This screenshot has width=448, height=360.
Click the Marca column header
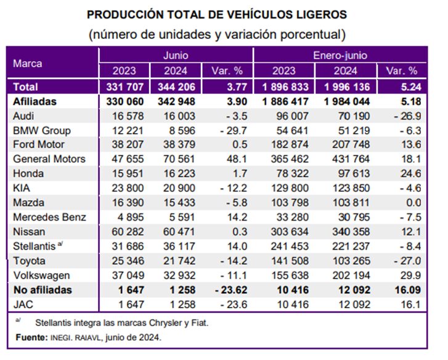point(28,63)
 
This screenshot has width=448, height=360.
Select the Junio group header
point(176,55)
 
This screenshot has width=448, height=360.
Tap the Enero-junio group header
point(340,55)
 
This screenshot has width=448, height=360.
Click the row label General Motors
point(49,159)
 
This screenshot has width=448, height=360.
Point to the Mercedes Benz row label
point(49,217)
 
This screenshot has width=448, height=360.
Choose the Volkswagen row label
point(41,276)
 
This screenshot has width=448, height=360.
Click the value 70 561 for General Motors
point(179,159)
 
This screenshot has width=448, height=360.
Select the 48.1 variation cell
point(236,159)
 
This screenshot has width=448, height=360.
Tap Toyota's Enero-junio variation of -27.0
point(407,261)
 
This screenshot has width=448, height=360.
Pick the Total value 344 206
point(177,87)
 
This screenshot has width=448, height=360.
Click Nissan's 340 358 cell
point(351,232)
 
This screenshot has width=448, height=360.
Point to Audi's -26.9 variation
point(407,116)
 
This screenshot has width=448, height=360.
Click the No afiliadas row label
point(43,290)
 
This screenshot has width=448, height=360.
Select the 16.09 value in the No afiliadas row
point(408,290)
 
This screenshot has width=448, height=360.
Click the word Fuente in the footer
point(31,337)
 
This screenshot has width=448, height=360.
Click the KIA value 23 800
point(128,188)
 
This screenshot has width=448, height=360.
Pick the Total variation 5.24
point(411,87)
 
